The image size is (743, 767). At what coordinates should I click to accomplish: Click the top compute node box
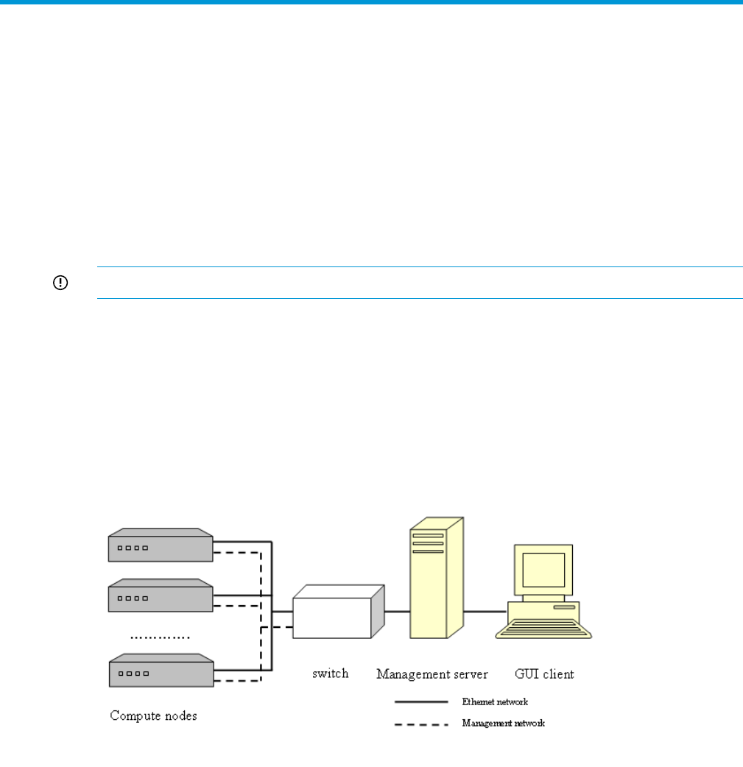click(161, 545)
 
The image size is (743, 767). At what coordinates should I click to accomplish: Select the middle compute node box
click(161, 595)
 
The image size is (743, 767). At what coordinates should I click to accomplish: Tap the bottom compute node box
click(161, 670)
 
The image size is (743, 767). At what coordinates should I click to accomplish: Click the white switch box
click(339, 612)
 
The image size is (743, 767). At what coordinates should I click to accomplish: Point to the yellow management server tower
click(437, 578)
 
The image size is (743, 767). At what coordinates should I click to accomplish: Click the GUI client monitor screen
click(543, 570)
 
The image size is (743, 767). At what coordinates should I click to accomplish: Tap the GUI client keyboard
click(543, 629)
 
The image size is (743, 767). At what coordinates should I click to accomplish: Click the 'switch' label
click(331, 674)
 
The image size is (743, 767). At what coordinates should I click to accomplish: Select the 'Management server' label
click(432, 674)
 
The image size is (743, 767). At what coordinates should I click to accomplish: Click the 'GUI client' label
click(544, 674)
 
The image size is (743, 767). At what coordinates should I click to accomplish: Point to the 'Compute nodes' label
click(153, 715)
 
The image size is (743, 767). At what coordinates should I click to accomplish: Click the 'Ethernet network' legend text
click(495, 702)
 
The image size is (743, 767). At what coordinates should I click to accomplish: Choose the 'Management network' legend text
click(503, 723)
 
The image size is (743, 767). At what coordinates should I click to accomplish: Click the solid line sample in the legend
click(421, 702)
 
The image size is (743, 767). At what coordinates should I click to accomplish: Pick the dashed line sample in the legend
click(421, 724)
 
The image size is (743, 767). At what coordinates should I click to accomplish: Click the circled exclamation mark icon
click(60, 283)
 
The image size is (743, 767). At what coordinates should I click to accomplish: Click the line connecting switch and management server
click(398, 612)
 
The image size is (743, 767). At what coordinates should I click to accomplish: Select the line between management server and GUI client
click(485, 612)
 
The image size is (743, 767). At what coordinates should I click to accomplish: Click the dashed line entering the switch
click(277, 626)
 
